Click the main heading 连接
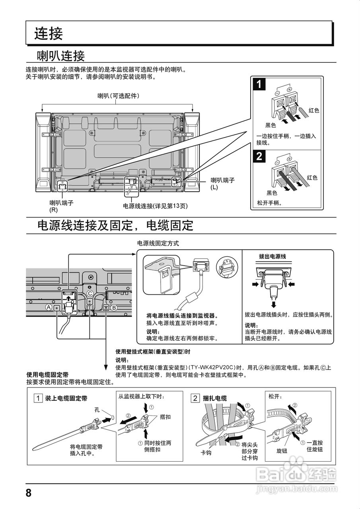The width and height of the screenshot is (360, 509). click(x=49, y=33)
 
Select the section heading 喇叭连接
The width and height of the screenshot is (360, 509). click(x=60, y=55)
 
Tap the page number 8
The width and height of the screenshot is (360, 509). click(x=28, y=493)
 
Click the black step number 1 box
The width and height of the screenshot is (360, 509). click(x=259, y=85)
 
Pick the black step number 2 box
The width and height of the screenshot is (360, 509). click(x=259, y=156)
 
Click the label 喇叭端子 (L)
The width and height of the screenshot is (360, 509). click(x=222, y=183)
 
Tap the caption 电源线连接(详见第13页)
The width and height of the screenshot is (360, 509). click(x=155, y=206)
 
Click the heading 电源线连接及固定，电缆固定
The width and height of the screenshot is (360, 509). click(x=115, y=226)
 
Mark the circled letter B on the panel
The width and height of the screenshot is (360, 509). click(x=114, y=307)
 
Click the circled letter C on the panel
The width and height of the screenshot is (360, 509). click(x=90, y=293)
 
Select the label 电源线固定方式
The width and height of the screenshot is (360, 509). click(x=158, y=243)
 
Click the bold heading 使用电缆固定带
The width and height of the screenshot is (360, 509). click(x=47, y=375)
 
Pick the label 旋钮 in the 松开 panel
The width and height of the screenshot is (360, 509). click(x=282, y=451)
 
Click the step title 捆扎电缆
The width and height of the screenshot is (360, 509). click(x=215, y=398)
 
